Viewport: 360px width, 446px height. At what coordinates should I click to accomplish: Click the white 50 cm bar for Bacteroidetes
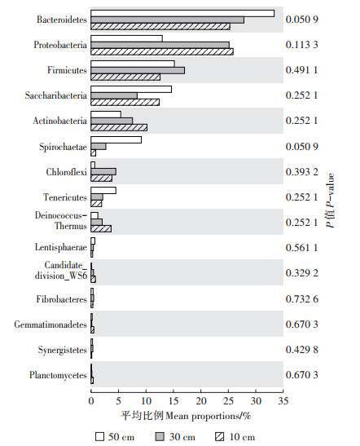click(x=182, y=13)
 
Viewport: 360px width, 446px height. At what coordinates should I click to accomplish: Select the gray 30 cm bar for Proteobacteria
click(x=160, y=45)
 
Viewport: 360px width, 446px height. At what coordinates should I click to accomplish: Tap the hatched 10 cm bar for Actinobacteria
click(x=119, y=128)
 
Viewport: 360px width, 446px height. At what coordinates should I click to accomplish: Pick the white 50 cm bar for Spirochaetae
click(x=116, y=140)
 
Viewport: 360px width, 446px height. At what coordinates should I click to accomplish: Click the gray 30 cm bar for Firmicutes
click(x=138, y=70)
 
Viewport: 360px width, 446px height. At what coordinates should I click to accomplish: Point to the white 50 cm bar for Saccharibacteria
click(x=131, y=90)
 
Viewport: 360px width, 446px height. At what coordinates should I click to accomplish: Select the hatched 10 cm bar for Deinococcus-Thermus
click(x=101, y=228)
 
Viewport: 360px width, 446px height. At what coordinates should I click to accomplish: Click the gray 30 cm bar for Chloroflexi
click(x=103, y=172)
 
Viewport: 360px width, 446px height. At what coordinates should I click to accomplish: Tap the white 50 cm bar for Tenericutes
click(x=103, y=191)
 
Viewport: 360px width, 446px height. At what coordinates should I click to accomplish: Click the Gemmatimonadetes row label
click(x=50, y=325)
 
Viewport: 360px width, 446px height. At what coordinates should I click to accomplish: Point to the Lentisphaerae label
click(x=61, y=247)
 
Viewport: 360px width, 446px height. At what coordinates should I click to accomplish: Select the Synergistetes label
click(x=63, y=350)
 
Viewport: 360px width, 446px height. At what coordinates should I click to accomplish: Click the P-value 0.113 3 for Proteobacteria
click(x=301, y=45)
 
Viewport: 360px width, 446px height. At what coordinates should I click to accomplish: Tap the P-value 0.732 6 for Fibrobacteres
click(x=301, y=299)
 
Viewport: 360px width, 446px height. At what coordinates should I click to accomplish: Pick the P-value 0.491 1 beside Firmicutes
click(x=301, y=70)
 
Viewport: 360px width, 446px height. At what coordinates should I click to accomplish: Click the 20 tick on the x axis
click(x=201, y=401)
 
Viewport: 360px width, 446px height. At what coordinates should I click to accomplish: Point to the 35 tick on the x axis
click(x=283, y=401)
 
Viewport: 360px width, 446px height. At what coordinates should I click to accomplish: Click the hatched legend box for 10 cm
click(x=219, y=436)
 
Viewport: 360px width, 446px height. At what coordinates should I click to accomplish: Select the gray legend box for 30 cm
click(x=160, y=436)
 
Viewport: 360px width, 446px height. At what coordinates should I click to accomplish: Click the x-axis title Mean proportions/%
click(x=209, y=416)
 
